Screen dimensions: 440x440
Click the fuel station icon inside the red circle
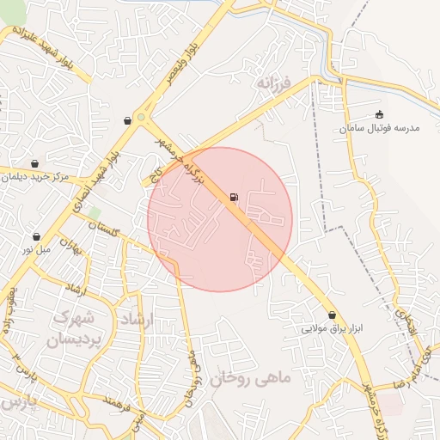pyautogui.click(x=234, y=199)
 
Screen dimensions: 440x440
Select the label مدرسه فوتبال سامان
pyautogui.click(x=379, y=127)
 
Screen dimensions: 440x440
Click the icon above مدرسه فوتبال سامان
pyautogui.click(x=380, y=114)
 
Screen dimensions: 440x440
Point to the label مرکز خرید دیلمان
pyautogui.click(x=34, y=178)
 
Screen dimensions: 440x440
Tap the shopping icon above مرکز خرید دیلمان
pyautogui.click(x=34, y=163)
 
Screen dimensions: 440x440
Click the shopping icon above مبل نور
pyautogui.click(x=36, y=235)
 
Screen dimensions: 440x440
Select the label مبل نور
pyautogui.click(x=36, y=249)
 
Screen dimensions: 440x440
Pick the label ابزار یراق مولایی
pyautogui.click(x=333, y=329)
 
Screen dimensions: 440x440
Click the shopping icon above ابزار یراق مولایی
pyautogui.click(x=333, y=315)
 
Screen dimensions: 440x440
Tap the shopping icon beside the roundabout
pyautogui.click(x=127, y=121)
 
